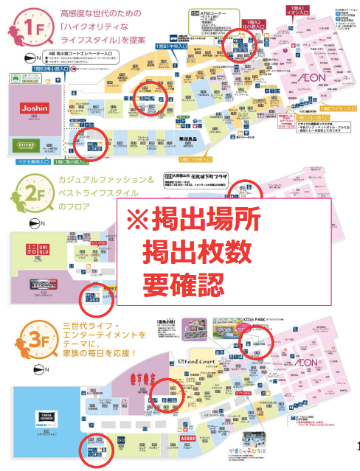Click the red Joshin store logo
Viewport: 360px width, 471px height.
tap(29, 108)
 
